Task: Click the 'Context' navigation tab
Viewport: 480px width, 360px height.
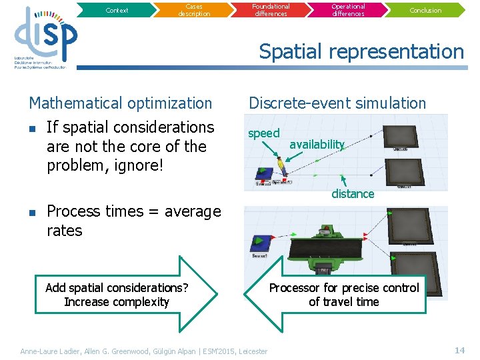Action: point(117,10)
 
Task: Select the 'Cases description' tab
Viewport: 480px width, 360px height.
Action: point(193,10)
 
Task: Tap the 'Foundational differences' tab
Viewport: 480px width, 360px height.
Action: point(271,9)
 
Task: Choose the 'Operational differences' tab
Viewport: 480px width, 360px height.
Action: point(348,10)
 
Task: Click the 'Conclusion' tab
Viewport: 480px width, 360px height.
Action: point(425,10)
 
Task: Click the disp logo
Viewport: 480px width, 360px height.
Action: point(45,37)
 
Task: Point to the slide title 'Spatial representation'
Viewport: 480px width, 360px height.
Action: point(361,51)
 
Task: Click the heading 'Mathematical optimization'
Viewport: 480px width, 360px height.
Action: point(120,103)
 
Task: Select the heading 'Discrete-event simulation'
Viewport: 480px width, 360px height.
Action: point(337,103)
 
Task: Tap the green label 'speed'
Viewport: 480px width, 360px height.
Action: point(263,133)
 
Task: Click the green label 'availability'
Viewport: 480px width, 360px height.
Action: point(317,145)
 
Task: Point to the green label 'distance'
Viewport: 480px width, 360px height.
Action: point(353,194)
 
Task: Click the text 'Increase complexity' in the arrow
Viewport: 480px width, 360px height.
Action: point(117,302)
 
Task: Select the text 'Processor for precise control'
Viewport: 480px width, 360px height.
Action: point(343,288)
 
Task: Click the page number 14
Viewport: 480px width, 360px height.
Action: point(459,350)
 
